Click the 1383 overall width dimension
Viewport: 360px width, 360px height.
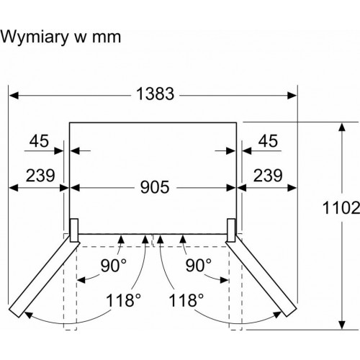155,94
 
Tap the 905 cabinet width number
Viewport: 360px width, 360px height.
155,187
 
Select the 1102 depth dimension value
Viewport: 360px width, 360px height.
341,207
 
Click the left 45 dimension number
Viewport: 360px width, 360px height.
39,140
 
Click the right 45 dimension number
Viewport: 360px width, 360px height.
268,140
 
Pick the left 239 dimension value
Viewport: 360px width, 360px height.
40,175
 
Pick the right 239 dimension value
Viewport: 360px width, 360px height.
268,175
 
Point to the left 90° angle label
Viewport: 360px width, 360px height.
113,266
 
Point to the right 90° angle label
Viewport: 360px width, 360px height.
199,266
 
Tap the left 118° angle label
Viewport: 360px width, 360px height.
123,300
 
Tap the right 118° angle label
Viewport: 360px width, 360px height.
186,300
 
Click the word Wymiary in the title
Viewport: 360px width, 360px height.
35,37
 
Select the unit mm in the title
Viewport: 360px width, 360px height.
107,38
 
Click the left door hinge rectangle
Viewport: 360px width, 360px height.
74,230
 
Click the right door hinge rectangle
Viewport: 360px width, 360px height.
231,230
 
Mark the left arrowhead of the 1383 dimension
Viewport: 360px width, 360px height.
14,96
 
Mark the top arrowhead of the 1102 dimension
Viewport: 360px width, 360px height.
342,127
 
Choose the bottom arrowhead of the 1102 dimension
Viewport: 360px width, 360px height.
342,325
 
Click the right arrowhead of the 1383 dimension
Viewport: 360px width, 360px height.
292,96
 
